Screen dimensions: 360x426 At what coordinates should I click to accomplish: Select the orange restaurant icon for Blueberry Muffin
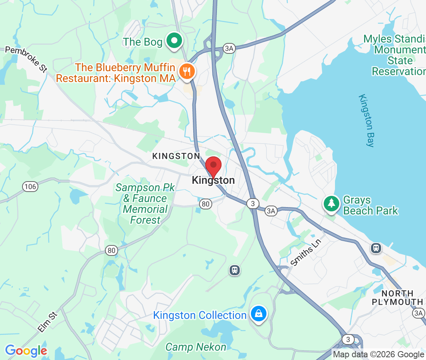(187, 72)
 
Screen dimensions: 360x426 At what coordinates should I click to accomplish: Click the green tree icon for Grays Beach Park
(331, 204)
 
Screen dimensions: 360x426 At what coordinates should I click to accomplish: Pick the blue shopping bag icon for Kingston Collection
(258, 314)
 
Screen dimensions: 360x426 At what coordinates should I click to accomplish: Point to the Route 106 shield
(30, 187)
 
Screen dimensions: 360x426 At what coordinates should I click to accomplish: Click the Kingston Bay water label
(367, 120)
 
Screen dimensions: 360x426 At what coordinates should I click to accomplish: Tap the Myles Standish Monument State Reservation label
(395, 55)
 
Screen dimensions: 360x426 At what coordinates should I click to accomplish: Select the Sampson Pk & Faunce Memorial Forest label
(146, 204)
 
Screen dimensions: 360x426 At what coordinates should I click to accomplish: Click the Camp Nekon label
(196, 347)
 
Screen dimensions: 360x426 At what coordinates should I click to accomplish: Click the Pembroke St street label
(26, 59)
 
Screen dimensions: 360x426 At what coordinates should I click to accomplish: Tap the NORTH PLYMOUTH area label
(397, 298)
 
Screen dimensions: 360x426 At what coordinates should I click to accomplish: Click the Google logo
(26, 351)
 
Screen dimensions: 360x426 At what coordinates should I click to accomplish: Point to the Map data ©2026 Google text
(378, 354)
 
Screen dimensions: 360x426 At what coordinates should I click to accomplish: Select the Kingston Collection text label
(200, 315)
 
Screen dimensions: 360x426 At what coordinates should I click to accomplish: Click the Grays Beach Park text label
(371, 206)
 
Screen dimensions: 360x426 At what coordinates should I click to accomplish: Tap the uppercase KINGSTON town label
(176, 156)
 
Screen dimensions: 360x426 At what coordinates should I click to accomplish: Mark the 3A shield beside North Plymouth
(419, 313)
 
